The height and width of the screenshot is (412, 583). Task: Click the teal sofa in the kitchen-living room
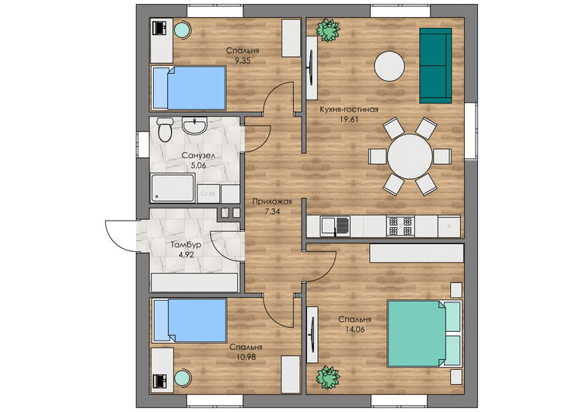[435, 65]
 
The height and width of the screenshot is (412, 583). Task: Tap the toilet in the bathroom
[165, 130]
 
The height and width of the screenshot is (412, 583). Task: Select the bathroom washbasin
[194, 126]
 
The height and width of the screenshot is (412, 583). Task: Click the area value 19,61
[349, 120]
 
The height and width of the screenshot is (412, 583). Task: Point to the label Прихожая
[272, 201]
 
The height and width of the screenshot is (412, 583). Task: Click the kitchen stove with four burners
[401, 226]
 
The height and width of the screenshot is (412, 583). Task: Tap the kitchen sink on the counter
[335, 226]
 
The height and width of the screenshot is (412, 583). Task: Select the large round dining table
[410, 156]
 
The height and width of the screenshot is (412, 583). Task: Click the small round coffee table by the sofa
[389, 66]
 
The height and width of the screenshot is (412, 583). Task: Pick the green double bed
[424, 333]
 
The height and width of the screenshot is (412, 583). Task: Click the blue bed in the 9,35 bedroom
[189, 88]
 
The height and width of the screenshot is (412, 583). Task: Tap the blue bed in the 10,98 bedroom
[190, 320]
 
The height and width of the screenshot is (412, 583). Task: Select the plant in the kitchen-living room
[328, 30]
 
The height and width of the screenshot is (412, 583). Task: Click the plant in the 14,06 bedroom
[328, 378]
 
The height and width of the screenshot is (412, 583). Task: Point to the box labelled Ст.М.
[208, 194]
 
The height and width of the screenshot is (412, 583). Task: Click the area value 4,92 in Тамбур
[187, 255]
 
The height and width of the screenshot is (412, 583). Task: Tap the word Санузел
[198, 155]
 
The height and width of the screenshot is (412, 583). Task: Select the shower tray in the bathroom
[173, 188]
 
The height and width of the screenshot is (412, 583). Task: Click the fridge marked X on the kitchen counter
[449, 226]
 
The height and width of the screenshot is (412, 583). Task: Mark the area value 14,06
[354, 329]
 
